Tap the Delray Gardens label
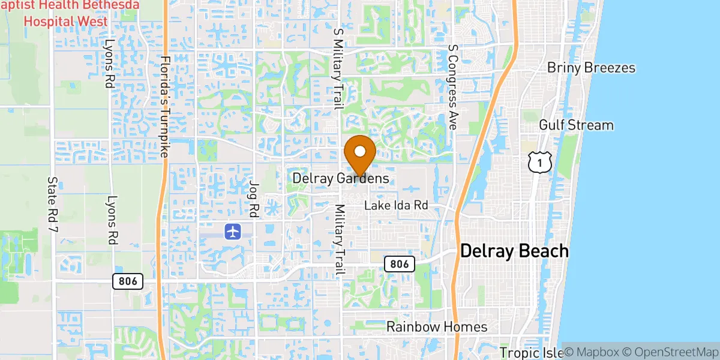[341, 179]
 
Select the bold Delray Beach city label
[514, 251]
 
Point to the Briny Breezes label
[591, 68]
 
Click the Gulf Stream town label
[576, 125]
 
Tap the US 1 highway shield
[540, 162]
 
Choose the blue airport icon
[233, 231]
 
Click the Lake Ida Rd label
[397, 206]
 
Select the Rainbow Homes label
[437, 327]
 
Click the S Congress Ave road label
[453, 88]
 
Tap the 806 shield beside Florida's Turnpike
[128, 281]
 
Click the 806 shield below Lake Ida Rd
[399, 263]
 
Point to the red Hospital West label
[66, 22]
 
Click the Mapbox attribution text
[593, 352]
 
